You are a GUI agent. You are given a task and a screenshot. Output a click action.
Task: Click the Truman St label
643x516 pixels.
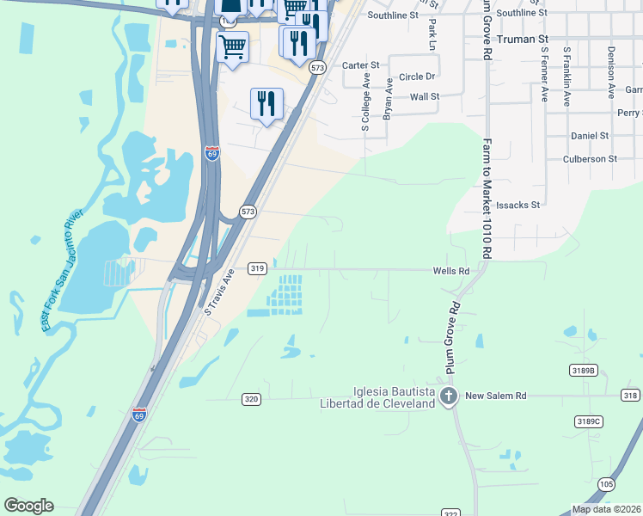(x=519, y=39)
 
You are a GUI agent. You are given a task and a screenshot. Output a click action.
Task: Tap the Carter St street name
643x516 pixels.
(x=360, y=65)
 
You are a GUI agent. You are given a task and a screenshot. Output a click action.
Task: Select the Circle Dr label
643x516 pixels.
(x=418, y=77)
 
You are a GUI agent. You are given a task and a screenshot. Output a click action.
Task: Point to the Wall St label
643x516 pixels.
(x=425, y=97)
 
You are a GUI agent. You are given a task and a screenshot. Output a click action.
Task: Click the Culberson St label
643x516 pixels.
(x=589, y=159)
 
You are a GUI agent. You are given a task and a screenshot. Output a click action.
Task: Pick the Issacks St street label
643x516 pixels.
(x=517, y=206)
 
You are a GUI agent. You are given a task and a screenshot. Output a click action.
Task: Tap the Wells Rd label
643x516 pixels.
(x=450, y=270)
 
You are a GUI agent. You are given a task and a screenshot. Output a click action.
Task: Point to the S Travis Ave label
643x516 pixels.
(x=217, y=291)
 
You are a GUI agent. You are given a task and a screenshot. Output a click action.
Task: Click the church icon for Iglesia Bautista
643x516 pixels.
(x=448, y=396)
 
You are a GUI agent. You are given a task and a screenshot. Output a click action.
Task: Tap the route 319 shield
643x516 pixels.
(x=256, y=268)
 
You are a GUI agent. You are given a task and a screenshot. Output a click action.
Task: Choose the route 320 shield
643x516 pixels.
(x=251, y=399)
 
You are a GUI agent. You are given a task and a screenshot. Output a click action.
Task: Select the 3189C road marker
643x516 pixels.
(x=589, y=421)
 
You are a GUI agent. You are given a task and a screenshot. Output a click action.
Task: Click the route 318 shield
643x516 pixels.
(x=631, y=395)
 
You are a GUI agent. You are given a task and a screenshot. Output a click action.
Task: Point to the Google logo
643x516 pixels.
(x=28, y=506)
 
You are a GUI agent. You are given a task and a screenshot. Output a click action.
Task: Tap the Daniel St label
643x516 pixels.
(x=590, y=136)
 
